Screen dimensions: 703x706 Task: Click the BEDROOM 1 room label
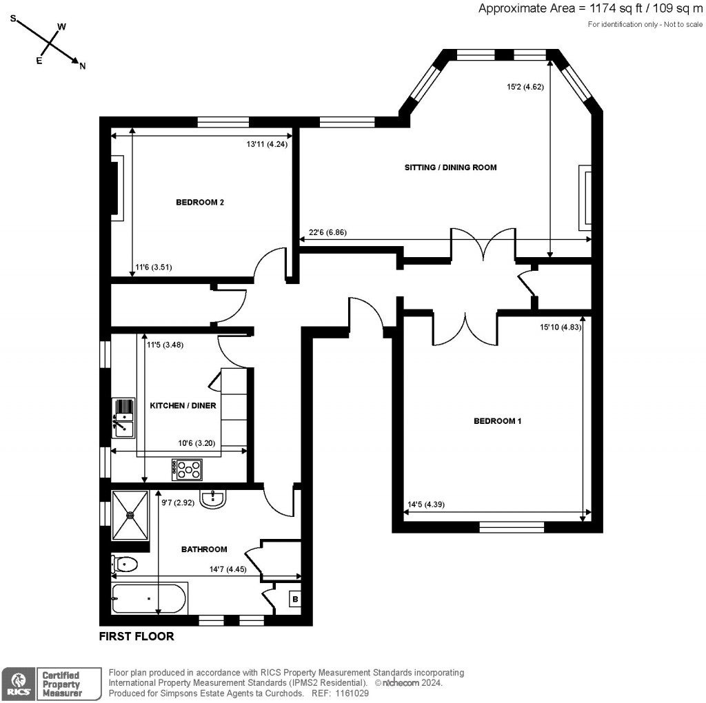[497, 420]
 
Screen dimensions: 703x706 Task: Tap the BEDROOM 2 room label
[200, 203]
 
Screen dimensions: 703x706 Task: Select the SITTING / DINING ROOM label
[451, 167]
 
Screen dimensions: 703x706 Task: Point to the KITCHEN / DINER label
[183, 406]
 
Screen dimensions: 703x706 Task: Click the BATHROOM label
[204, 549]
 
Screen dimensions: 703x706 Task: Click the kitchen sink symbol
[124, 418]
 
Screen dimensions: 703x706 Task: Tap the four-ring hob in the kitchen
[188, 470]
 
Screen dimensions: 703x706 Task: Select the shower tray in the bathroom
[130, 515]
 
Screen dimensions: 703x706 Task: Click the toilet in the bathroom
[125, 565]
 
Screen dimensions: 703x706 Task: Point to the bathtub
[149, 599]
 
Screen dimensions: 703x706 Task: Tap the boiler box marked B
[295, 600]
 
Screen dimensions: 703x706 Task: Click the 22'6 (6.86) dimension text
[327, 233]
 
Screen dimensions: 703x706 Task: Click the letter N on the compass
[83, 66]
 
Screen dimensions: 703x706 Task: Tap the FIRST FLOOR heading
[137, 636]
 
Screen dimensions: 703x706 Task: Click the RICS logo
[19, 683]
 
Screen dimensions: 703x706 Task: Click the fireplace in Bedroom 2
[117, 188]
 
